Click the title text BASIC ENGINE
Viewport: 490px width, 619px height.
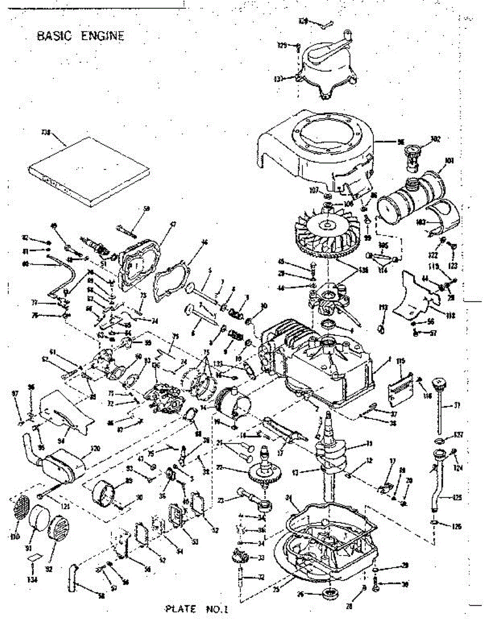coord(80,36)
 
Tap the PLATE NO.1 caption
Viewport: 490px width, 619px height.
coord(197,609)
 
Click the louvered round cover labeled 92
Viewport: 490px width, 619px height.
coord(56,531)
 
